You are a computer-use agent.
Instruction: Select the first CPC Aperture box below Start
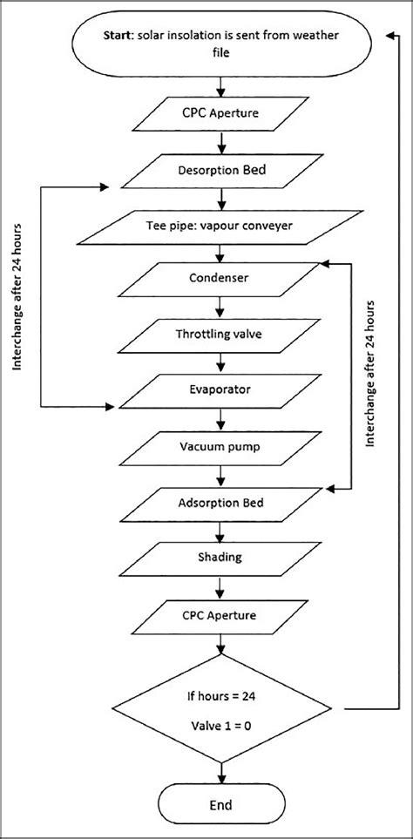tap(225, 112)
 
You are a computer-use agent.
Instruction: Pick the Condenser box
tap(225, 280)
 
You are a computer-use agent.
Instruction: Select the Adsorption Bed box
tap(225, 504)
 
